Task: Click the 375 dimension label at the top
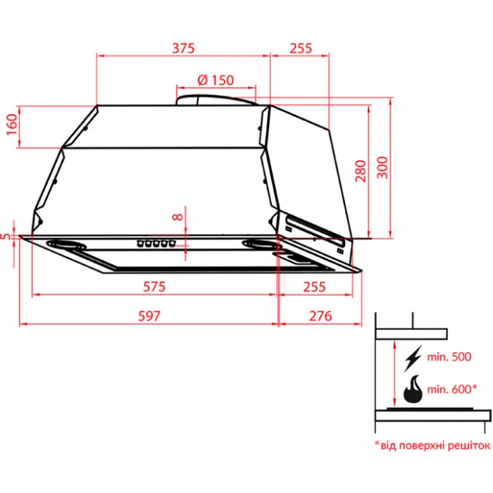click(x=183, y=48)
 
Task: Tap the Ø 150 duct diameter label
click(x=216, y=80)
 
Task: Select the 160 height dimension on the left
click(x=12, y=125)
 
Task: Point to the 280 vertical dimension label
click(x=361, y=171)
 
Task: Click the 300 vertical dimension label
click(x=382, y=168)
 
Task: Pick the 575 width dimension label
click(x=154, y=287)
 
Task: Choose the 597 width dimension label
click(x=149, y=316)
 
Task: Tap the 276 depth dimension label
click(x=320, y=316)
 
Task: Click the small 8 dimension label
click(x=178, y=217)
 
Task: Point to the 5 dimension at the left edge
click(x=6, y=237)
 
